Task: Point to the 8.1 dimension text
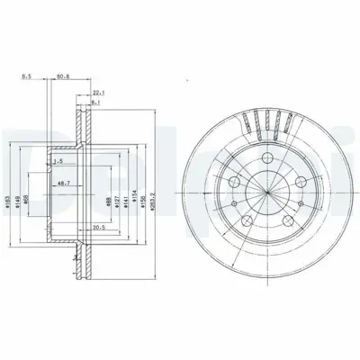pyautogui.click(x=95, y=104)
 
